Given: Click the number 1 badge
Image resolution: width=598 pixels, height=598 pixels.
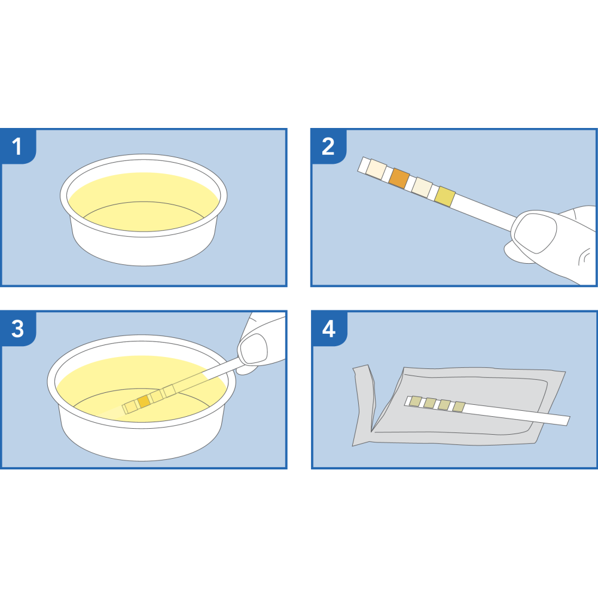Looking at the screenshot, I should [x=17, y=146].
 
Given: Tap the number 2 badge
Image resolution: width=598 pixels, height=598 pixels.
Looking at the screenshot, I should [x=328, y=146].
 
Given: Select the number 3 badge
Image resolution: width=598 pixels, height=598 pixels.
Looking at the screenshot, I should [x=17, y=329].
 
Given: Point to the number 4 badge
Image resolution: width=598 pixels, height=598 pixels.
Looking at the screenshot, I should [x=328, y=329].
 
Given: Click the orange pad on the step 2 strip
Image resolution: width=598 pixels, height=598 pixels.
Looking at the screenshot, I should [x=398, y=178].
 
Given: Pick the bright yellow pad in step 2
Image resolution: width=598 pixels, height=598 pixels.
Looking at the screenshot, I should [x=445, y=196].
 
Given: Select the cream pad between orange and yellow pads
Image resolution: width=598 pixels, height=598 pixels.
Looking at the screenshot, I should [x=422, y=187].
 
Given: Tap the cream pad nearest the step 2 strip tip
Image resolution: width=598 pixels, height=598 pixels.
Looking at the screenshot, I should [x=377, y=169].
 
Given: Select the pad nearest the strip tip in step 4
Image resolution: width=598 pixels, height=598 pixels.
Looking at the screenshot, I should [x=415, y=401].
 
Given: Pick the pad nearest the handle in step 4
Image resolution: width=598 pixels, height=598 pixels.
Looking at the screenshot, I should [x=459, y=407].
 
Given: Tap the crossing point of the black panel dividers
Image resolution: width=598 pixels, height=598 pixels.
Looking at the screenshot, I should [x=299, y=298].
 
